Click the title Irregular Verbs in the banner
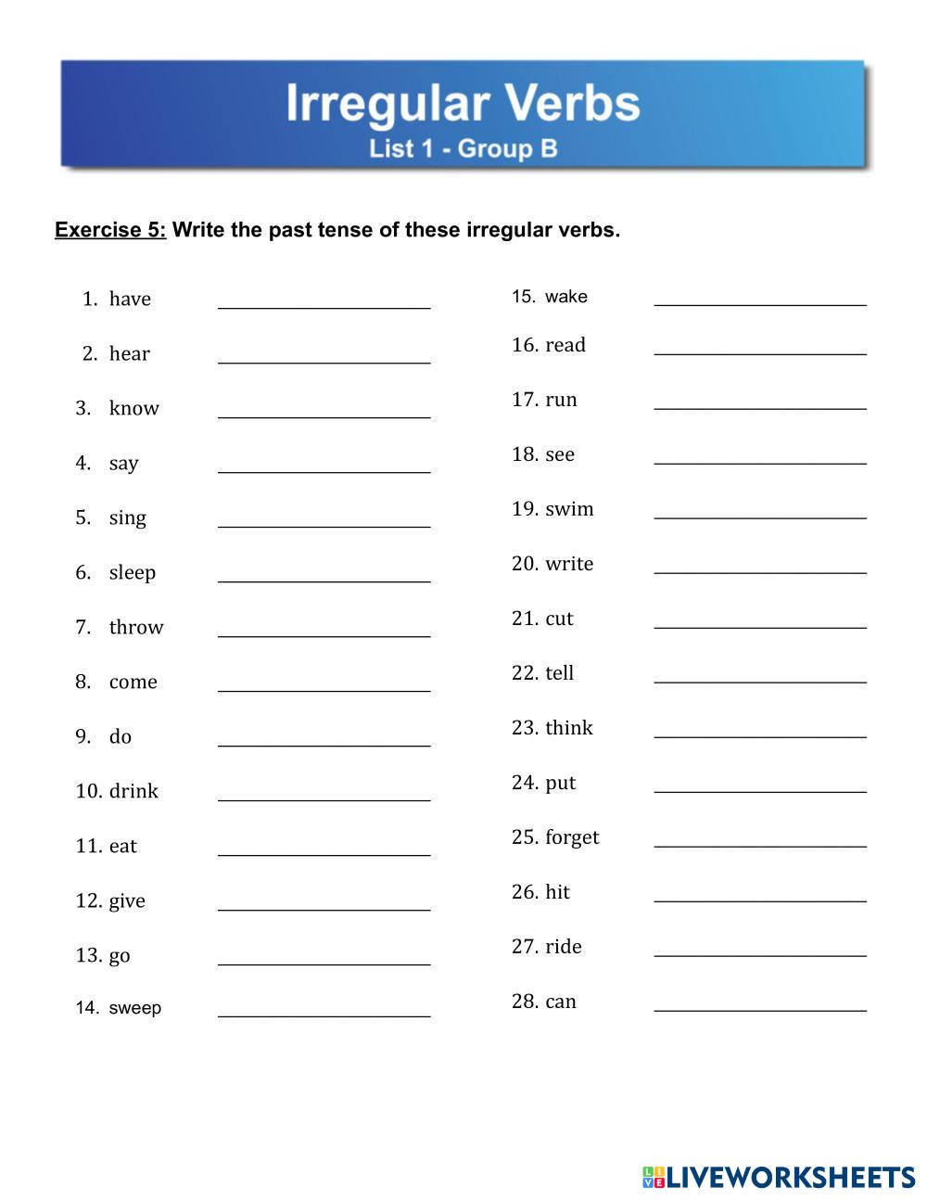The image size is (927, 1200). (463, 103)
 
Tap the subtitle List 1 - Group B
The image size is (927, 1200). (463, 148)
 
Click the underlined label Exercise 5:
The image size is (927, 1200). (110, 230)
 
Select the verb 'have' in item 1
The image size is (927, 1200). (130, 299)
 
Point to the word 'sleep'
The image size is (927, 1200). (133, 572)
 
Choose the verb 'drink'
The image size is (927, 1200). (133, 791)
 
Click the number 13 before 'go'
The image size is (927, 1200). (88, 955)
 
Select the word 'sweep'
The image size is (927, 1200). (135, 1008)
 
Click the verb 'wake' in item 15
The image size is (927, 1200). (566, 297)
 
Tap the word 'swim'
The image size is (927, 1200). (569, 509)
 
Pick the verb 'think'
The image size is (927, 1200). (569, 728)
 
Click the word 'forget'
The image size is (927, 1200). (572, 837)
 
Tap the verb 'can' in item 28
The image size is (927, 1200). (561, 1002)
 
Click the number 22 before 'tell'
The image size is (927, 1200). (525, 673)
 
